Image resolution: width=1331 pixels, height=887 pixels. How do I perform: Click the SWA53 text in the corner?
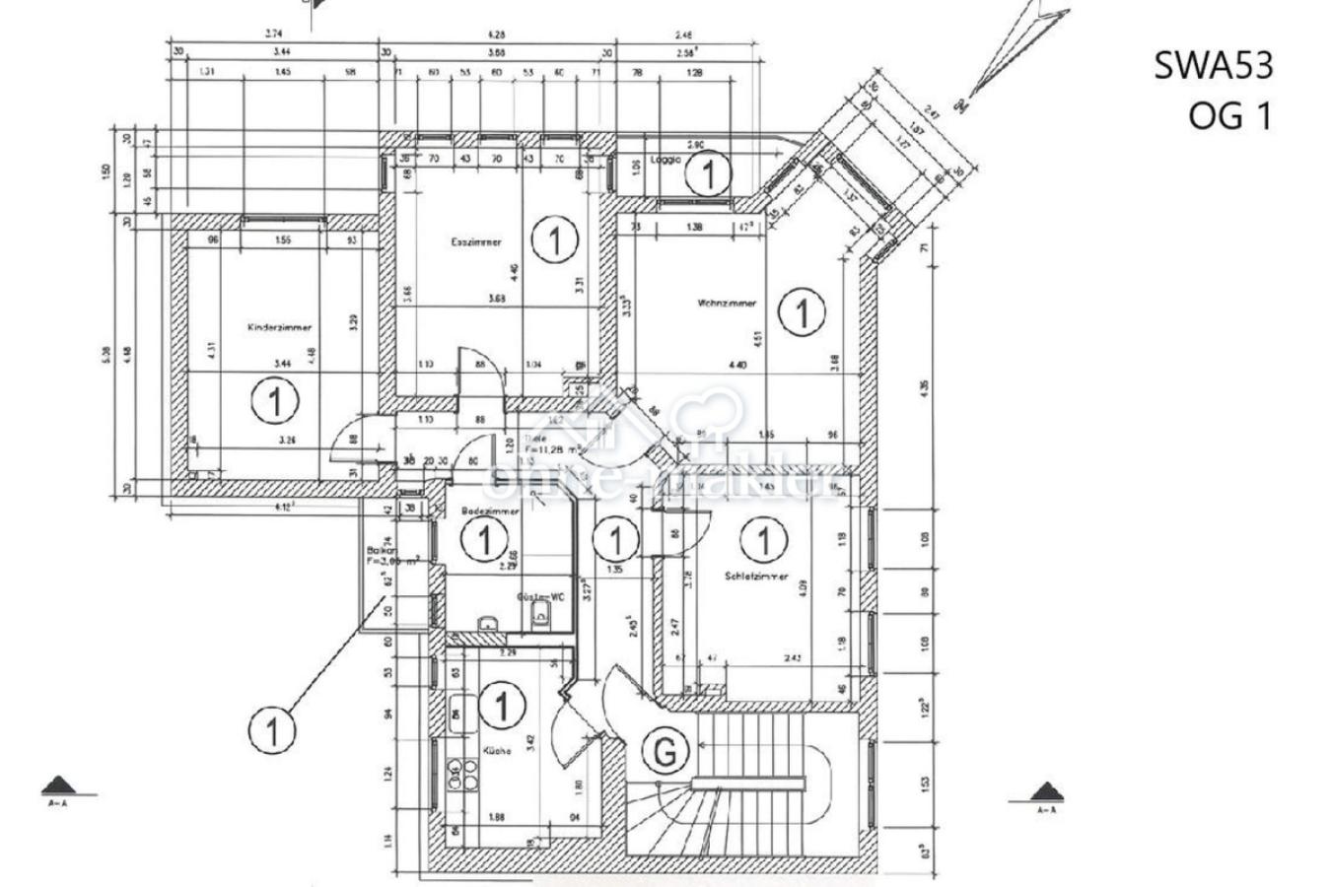tap(1214, 66)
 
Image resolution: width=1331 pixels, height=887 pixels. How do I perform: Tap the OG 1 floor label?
tap(1230, 115)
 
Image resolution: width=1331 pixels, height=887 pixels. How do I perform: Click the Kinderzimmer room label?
tap(280, 327)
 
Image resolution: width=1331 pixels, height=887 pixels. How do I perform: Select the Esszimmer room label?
tap(476, 241)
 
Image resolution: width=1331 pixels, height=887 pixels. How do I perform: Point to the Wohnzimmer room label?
tap(727, 303)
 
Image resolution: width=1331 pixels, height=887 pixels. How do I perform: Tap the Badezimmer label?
tap(490, 512)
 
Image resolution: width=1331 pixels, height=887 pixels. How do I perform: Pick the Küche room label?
tap(497, 751)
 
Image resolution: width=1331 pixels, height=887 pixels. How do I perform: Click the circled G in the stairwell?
tap(665, 752)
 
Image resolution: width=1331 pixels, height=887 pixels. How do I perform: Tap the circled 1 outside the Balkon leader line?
tap(271, 730)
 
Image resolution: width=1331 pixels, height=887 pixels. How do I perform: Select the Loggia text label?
tap(666, 159)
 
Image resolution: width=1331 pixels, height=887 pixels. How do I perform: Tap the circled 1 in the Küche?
tap(503, 705)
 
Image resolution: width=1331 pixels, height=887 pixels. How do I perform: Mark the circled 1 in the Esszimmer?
tap(554, 239)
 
